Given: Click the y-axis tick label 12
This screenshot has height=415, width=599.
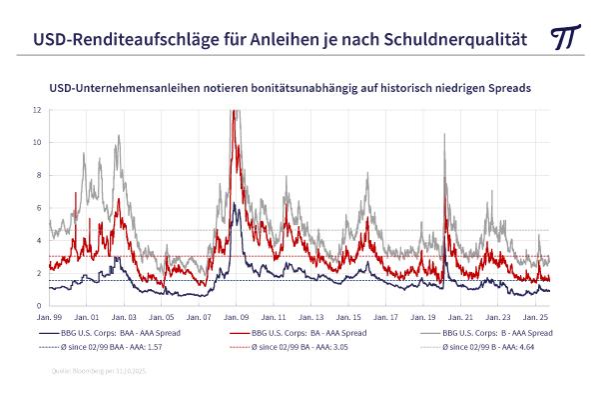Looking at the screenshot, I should pos(36,109).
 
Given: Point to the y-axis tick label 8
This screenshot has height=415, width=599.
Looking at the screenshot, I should pos(37,175).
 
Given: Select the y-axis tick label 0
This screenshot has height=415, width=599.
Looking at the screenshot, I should pos(37,305).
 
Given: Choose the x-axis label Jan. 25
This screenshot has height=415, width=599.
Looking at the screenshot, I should pos(536,317).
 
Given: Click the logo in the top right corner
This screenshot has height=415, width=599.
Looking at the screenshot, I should pos(566,38).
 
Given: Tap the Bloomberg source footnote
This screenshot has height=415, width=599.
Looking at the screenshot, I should pos(100,372).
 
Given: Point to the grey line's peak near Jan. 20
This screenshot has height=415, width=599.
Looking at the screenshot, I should pos(444,136).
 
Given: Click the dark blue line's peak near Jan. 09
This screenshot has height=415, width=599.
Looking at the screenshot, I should pos(234,204).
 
